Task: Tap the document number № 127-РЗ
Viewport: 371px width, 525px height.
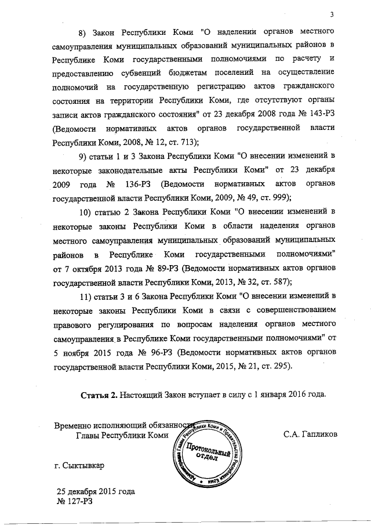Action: click(75, 502)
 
